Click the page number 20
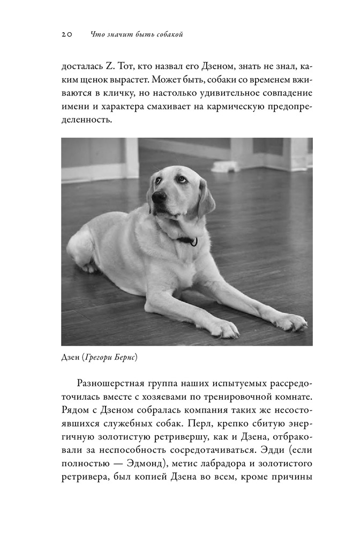coord(67,35)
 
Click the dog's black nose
coord(159,197)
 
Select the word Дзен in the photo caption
coord(70,358)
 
